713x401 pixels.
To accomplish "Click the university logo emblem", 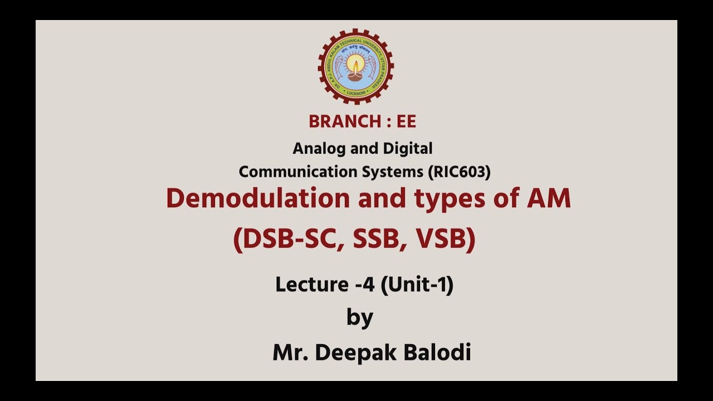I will coord(356,66).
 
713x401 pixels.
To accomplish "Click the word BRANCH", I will coord(341,121).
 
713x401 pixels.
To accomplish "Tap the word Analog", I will coord(315,149).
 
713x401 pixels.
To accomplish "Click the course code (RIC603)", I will coord(459,172).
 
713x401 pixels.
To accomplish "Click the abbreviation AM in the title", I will coord(549,198).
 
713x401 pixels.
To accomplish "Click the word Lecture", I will coord(312,285).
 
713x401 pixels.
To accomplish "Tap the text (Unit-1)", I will coord(417,285).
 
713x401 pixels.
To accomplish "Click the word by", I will coord(360,318).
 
